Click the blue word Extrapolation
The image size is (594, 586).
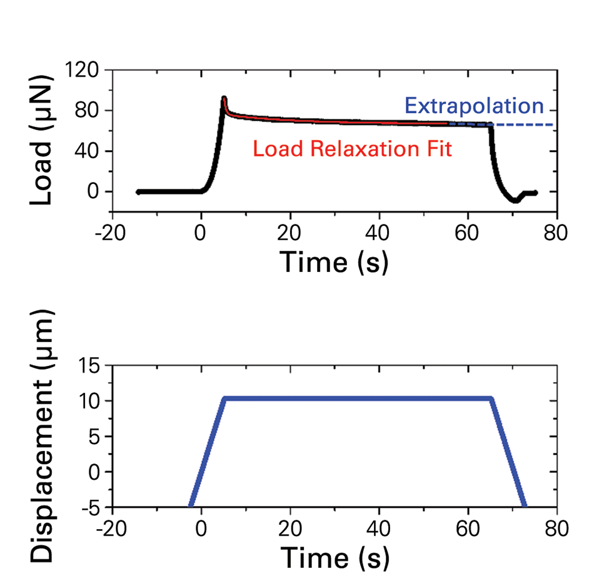[474, 106]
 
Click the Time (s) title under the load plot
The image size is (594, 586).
[334, 261]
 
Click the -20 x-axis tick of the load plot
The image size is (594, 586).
[111, 235]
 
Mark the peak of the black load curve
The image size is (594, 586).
[224, 98]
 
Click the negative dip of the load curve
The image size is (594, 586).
[515, 201]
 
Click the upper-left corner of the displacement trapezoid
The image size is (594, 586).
[225, 398]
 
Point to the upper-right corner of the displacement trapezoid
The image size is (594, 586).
[491, 398]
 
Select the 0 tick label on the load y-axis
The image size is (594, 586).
[94, 192]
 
